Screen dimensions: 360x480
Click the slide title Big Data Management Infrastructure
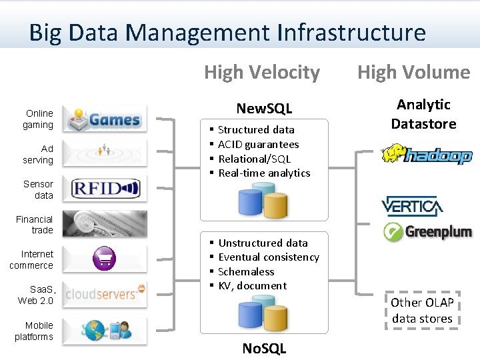(227, 32)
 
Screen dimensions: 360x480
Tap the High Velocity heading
(262, 72)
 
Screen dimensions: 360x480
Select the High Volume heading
(413, 72)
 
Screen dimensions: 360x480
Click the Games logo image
(105, 119)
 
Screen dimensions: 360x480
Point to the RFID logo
(105, 189)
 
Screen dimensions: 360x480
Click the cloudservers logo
(105, 293)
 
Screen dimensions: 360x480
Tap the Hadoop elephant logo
(426, 155)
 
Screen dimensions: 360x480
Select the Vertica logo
(411, 207)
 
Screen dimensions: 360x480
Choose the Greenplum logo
(427, 232)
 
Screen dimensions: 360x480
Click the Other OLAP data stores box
(422, 310)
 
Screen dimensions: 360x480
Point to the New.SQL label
(265, 108)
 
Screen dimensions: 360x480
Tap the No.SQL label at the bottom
(264, 348)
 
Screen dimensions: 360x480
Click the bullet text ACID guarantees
(259, 144)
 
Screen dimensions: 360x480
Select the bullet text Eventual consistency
(269, 257)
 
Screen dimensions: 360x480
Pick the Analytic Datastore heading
(423, 114)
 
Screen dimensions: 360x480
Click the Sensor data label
(39, 189)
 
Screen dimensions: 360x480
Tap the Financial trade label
(35, 225)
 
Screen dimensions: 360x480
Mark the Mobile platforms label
(34, 331)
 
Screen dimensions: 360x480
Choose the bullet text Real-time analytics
(264, 173)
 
